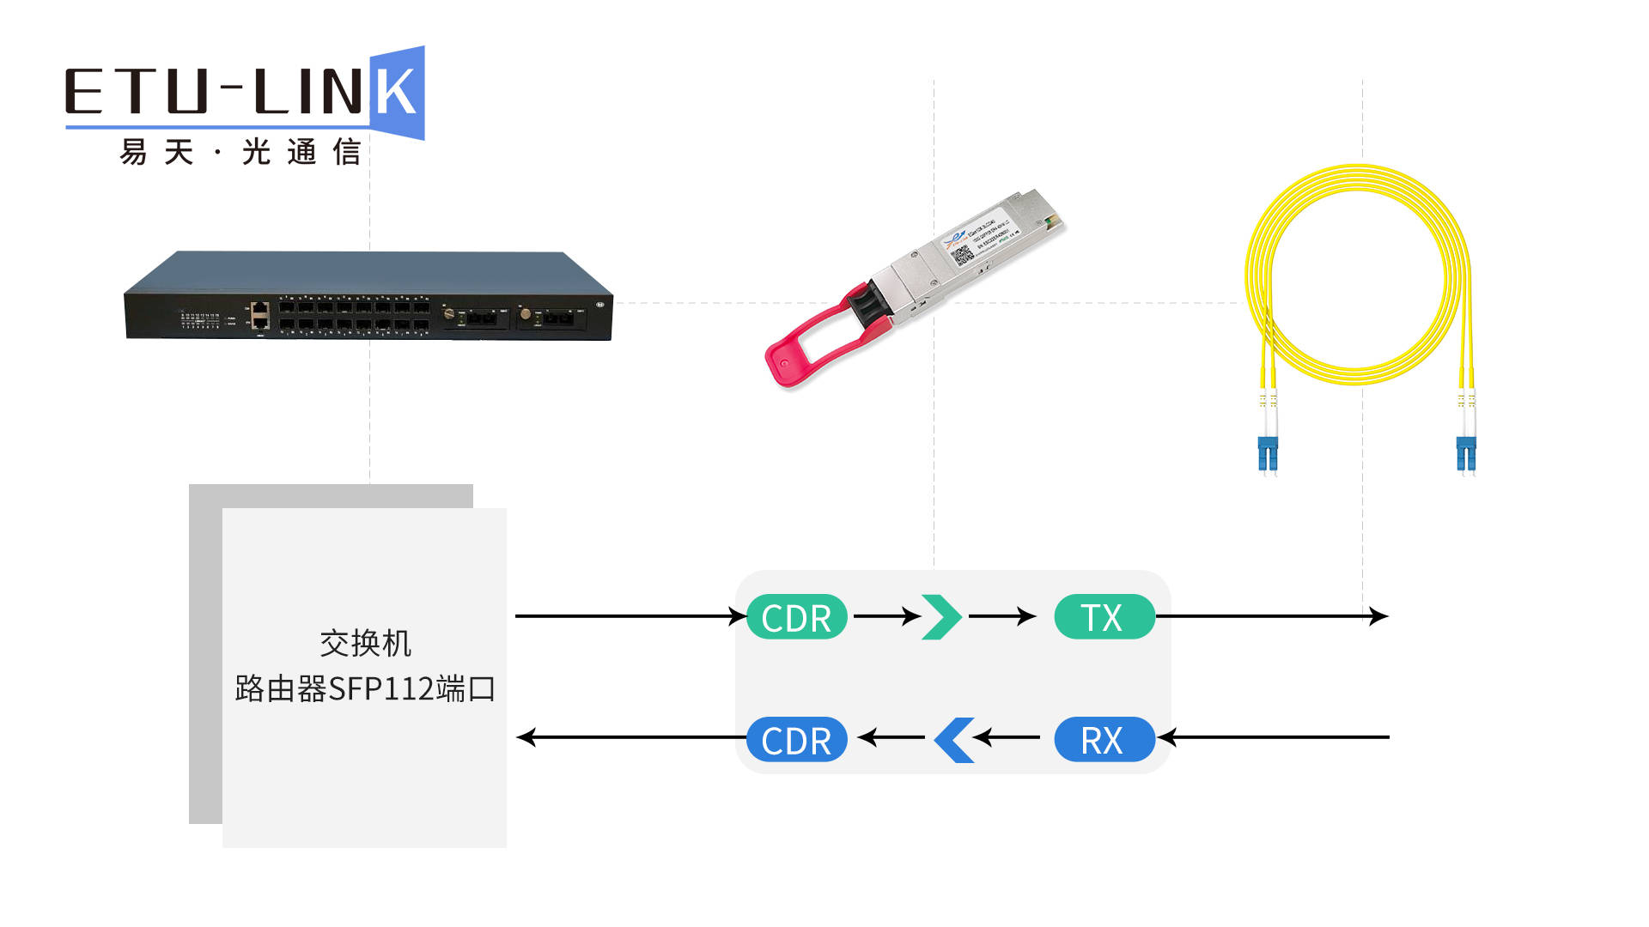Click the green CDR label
(x=797, y=617)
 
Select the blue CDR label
(x=797, y=740)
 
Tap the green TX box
(x=1104, y=617)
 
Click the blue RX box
(x=1104, y=740)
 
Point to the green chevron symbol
(x=941, y=616)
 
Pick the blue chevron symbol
(x=953, y=739)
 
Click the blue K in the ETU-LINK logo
(x=398, y=93)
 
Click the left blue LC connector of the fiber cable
(x=1268, y=453)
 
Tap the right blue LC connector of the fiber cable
(x=1466, y=453)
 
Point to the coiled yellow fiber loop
(x=1358, y=275)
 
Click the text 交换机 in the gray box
(x=365, y=643)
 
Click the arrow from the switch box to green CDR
(x=627, y=615)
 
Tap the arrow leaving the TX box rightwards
(x=1271, y=615)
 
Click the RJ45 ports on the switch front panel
(x=259, y=315)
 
